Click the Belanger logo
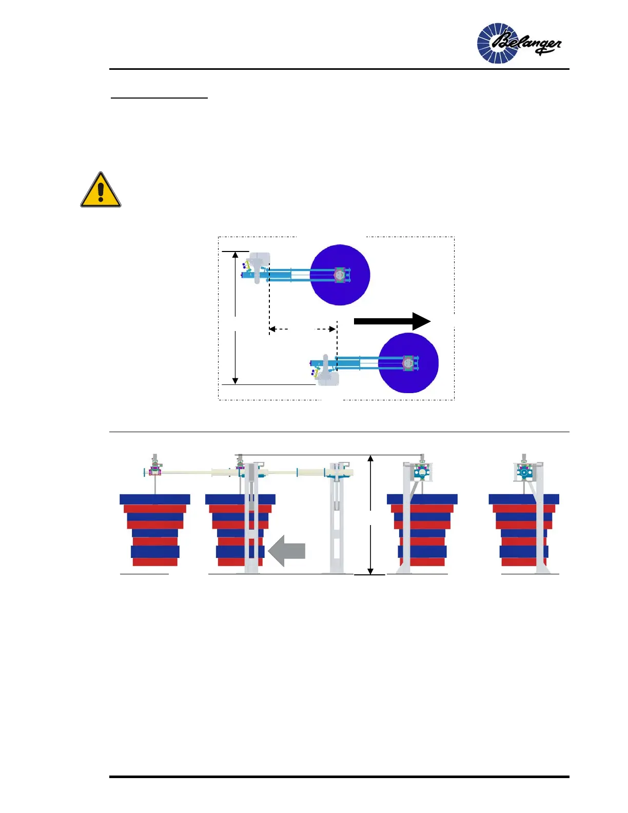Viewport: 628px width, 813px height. [x=518, y=43]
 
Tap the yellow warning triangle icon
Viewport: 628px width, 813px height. [x=101, y=190]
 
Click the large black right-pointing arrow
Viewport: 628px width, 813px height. [x=392, y=321]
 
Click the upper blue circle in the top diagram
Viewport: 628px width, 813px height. [x=340, y=275]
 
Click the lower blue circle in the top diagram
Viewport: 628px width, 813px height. [x=408, y=363]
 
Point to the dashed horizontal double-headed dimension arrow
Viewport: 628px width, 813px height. [x=303, y=329]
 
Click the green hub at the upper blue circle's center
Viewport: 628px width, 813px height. [x=340, y=275]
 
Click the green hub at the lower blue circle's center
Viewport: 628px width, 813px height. [x=408, y=363]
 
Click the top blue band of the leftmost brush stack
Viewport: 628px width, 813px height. [x=155, y=499]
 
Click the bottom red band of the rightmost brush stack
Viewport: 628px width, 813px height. [x=523, y=562]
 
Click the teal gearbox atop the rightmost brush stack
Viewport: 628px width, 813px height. [x=524, y=471]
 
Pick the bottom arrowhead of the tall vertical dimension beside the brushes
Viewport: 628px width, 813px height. [x=370, y=571]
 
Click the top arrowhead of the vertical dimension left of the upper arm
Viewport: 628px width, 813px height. [x=235, y=255]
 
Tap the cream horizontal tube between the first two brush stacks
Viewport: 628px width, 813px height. [x=190, y=472]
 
